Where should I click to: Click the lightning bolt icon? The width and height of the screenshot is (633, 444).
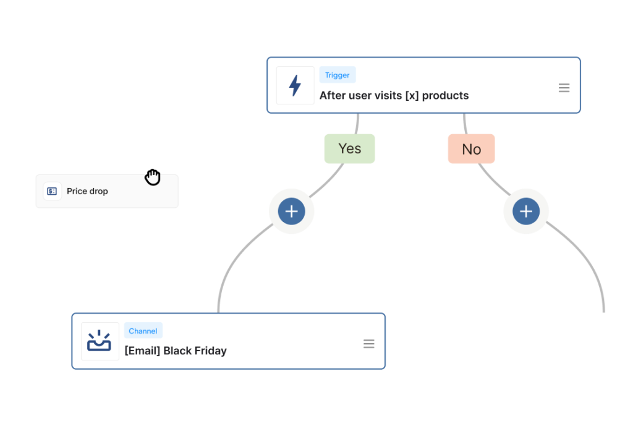click(x=295, y=85)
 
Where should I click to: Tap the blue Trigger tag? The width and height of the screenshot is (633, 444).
click(x=338, y=75)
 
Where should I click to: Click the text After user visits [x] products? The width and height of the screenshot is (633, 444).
click(x=394, y=95)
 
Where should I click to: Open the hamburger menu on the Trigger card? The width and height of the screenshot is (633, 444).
click(x=564, y=88)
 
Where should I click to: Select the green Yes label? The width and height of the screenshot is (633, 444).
click(x=350, y=149)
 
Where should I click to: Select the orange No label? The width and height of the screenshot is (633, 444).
click(x=471, y=149)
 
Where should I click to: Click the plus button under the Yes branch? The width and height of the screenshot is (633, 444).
click(x=292, y=211)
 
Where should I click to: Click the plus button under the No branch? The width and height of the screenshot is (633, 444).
click(x=526, y=211)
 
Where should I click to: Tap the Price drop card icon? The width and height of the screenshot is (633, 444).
click(x=52, y=191)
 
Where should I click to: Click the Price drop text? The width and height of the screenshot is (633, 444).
click(x=87, y=191)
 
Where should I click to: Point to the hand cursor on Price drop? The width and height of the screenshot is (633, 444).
click(x=153, y=178)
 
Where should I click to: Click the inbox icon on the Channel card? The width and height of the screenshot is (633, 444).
click(x=100, y=341)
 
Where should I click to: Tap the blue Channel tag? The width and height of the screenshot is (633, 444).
click(x=143, y=331)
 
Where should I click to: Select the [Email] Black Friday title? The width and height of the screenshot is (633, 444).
click(x=176, y=351)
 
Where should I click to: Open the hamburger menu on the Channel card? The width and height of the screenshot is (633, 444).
click(x=368, y=344)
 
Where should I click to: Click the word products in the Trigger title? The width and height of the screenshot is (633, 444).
click(x=446, y=95)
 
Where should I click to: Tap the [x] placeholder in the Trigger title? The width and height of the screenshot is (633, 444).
click(x=412, y=95)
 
